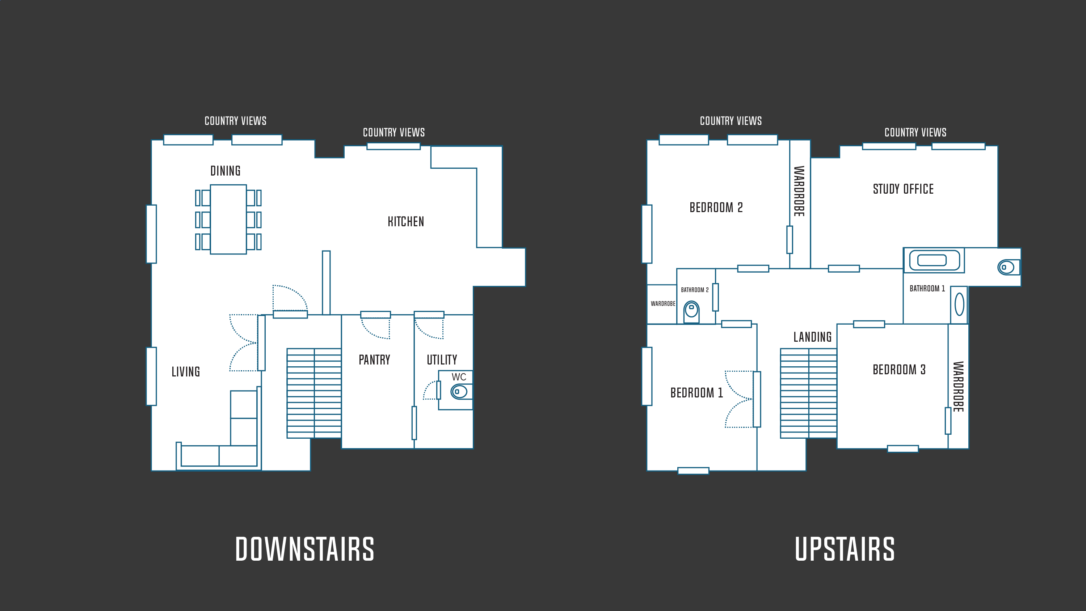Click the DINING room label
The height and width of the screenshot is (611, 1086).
pyautogui.click(x=226, y=171)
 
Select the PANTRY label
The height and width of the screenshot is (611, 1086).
pyautogui.click(x=374, y=360)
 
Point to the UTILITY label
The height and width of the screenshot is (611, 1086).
pyautogui.click(x=442, y=360)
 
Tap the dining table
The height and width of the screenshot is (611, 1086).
pyautogui.click(x=228, y=219)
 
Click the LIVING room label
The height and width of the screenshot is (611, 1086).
pyautogui.click(x=185, y=371)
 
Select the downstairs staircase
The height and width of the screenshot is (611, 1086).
pyautogui.click(x=314, y=393)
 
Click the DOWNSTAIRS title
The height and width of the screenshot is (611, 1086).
pyautogui.click(x=305, y=549)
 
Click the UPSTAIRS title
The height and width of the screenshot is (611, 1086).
pyautogui.click(x=845, y=549)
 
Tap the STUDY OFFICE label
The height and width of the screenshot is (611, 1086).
pyautogui.click(x=904, y=189)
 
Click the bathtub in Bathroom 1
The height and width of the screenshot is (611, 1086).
pyautogui.click(x=934, y=260)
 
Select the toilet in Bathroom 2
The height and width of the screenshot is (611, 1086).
pyautogui.click(x=691, y=312)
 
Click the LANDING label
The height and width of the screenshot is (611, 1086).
pyautogui.click(x=813, y=337)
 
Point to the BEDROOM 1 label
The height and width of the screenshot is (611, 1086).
pyautogui.click(x=697, y=393)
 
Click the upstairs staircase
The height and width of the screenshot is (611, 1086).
pyautogui.click(x=809, y=393)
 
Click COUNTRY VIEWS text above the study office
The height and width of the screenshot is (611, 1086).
pyautogui.click(x=915, y=132)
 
